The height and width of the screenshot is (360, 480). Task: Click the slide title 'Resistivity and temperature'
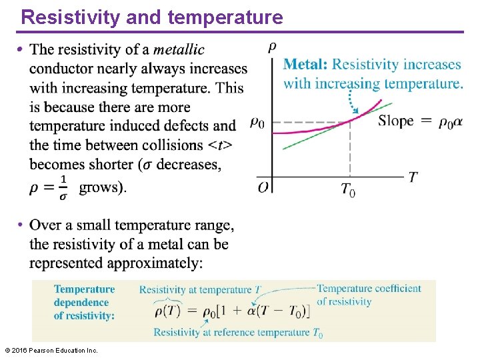[x=152, y=17]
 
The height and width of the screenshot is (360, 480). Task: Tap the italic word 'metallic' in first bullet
[x=179, y=49]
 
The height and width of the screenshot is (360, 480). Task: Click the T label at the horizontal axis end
[x=413, y=177]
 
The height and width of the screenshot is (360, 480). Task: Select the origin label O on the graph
[x=263, y=187]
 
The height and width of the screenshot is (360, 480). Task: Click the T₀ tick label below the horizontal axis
[x=348, y=190]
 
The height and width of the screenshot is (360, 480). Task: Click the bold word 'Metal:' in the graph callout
[x=305, y=65]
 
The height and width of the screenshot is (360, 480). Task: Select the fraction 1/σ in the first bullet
[x=63, y=187]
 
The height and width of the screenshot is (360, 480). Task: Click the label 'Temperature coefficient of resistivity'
[x=369, y=295]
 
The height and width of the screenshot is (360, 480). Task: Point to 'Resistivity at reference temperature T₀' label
[x=238, y=332]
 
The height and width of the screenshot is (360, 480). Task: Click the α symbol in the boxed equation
[x=252, y=311]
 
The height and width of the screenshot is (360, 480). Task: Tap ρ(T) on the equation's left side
[x=167, y=311]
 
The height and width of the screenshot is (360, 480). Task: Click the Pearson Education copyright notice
[x=51, y=350]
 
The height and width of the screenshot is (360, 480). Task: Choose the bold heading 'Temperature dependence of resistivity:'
[x=85, y=302]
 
